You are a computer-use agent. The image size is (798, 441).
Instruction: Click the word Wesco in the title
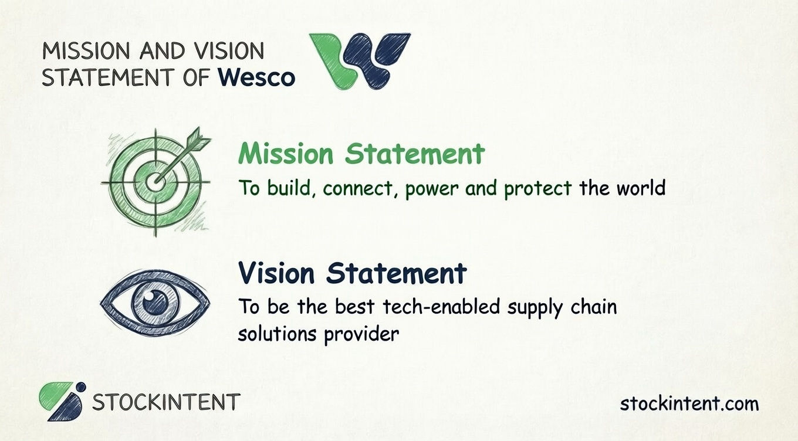click(x=255, y=77)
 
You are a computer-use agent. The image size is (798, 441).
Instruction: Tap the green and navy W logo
click(x=360, y=60)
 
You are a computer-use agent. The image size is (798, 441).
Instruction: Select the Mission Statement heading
click(x=361, y=154)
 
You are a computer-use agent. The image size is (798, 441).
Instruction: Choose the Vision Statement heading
click(x=352, y=273)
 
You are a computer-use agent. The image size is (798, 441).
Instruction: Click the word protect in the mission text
click(x=538, y=188)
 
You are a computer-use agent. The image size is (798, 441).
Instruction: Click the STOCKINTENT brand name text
click(x=166, y=402)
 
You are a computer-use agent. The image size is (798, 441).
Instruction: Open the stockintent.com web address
click(x=689, y=403)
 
